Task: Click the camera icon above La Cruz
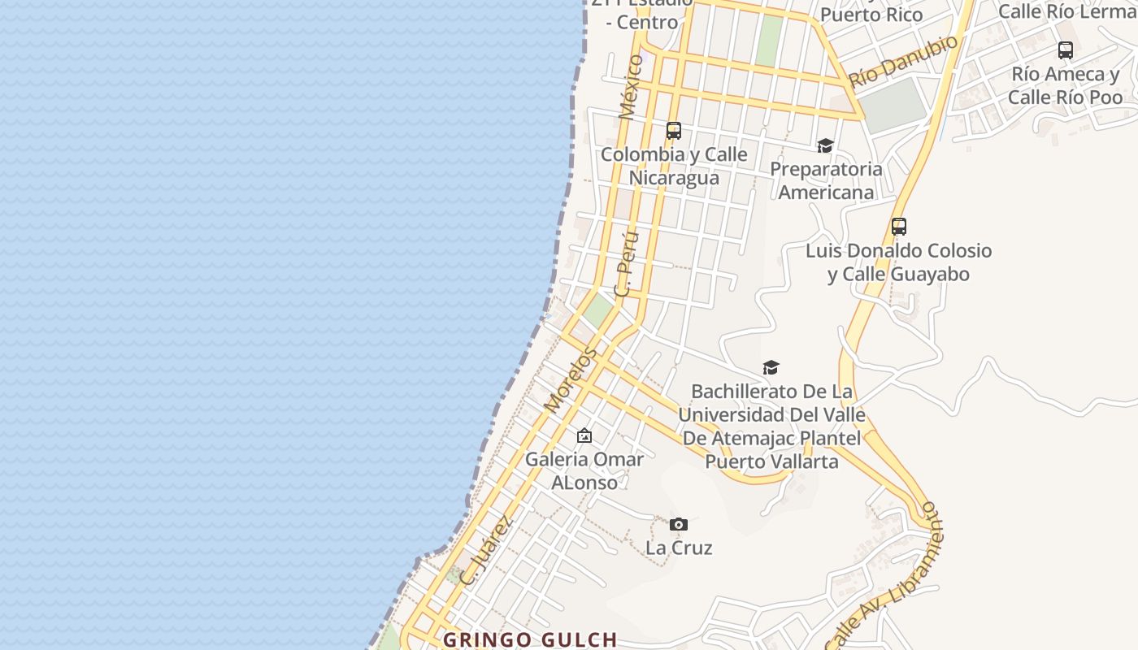coord(679,524)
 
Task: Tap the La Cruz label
coord(679,548)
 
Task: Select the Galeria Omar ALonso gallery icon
coord(584,436)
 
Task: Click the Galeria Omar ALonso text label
coord(584,470)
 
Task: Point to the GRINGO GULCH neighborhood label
coord(530,640)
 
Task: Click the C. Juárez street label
coord(486,550)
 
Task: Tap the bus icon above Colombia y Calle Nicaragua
coord(673,130)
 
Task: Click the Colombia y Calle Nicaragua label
coord(674,166)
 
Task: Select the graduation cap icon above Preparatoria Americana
coord(825,145)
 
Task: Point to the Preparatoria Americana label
coord(826,180)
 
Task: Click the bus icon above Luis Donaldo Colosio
coord(898,227)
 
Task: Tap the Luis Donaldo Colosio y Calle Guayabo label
coord(898,262)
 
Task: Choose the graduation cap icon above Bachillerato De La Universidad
coord(771,367)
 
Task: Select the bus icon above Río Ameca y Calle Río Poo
coord(1065,50)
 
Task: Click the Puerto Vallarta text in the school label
coord(771,461)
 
